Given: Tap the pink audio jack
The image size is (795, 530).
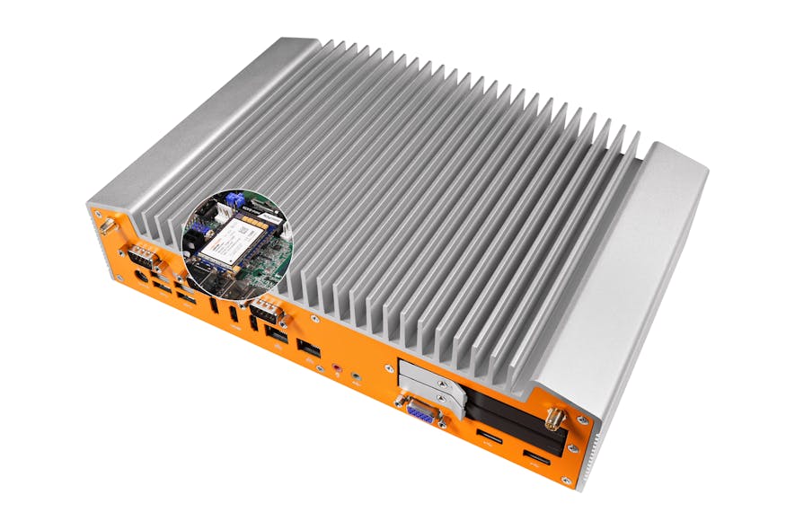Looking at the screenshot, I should pos(338,367).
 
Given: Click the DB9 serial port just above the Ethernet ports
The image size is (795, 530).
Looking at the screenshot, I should pos(266,314).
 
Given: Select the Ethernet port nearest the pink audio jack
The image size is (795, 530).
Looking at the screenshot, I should pos(308,348).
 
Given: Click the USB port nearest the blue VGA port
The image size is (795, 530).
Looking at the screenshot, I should pos(490,439).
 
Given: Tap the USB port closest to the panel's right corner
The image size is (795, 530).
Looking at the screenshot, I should pos(536,463).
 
